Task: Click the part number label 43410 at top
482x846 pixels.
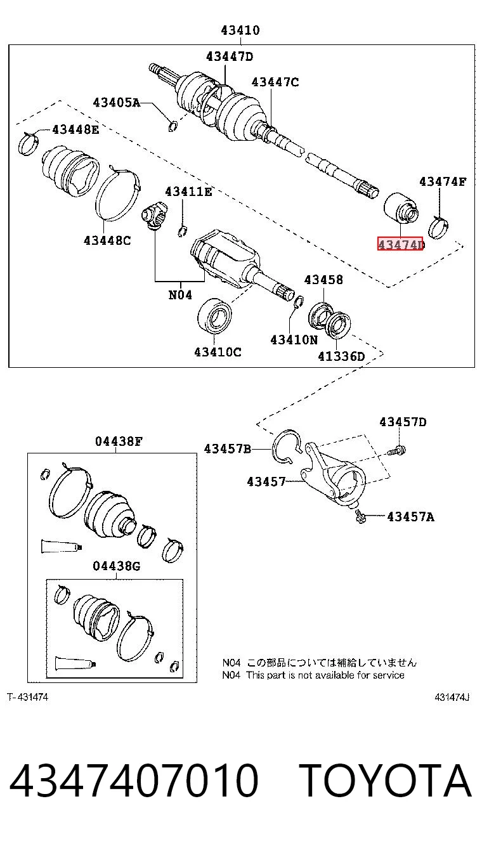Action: tap(240, 30)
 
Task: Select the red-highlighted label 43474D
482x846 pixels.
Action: tap(400, 244)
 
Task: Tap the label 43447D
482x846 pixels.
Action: tap(230, 56)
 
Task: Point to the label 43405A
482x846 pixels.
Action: tap(116, 102)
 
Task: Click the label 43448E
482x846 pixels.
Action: tap(75, 129)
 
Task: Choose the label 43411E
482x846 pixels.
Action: tap(188, 192)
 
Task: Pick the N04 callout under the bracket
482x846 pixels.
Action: tap(180, 295)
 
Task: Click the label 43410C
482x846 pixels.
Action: tap(218, 352)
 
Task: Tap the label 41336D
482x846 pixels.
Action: tap(341, 356)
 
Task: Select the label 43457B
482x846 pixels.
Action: tap(228, 448)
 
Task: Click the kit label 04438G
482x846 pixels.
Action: tap(116, 566)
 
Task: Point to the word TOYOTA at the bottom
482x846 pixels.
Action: tap(385, 781)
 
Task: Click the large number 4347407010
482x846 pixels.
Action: tap(134, 781)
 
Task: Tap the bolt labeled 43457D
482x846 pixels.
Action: tap(396, 450)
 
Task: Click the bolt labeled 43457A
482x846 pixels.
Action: tap(360, 516)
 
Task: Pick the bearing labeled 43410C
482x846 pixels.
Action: tap(214, 316)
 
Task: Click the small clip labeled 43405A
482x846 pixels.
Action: tap(173, 126)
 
